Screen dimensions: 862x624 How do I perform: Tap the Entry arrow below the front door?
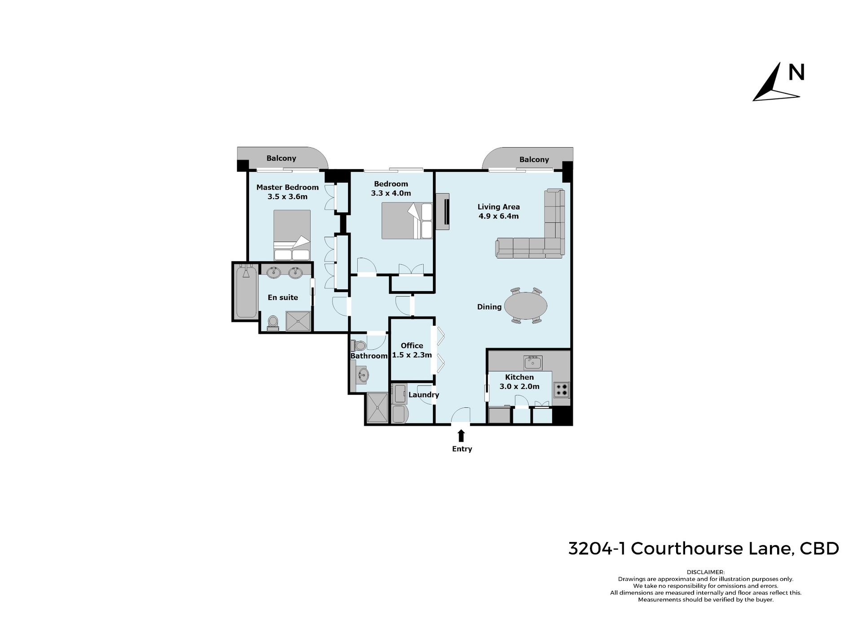click(461, 436)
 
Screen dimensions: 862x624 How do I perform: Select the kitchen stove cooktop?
click(561, 389)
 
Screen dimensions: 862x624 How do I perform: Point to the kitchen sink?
click(533, 362)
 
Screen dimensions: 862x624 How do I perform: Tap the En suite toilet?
click(273, 323)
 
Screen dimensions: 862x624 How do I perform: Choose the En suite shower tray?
click(299, 321)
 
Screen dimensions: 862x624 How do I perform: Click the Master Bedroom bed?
click(292, 235)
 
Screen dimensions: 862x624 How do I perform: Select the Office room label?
click(412, 345)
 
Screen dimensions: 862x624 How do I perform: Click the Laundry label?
click(424, 395)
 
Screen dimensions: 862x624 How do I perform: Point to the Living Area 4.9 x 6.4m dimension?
click(498, 216)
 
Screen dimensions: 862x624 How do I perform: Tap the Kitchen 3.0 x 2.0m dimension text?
click(519, 386)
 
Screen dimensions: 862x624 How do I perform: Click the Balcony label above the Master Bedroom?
click(281, 158)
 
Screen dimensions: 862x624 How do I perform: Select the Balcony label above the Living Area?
click(534, 159)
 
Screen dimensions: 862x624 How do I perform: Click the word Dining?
click(489, 307)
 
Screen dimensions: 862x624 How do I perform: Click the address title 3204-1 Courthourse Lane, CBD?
click(704, 549)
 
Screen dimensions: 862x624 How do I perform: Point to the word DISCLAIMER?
click(705, 572)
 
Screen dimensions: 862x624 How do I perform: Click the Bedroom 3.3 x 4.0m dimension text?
click(391, 193)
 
